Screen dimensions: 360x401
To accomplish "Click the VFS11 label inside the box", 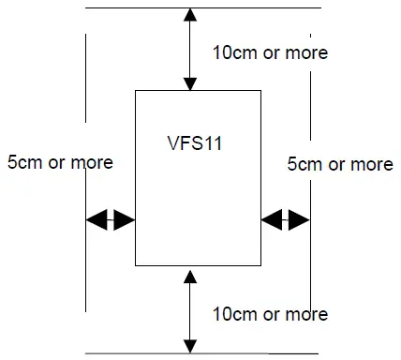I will (x=193, y=145).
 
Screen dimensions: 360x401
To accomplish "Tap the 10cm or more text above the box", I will (x=271, y=52).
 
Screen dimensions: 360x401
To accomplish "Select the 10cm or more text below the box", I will (x=271, y=313).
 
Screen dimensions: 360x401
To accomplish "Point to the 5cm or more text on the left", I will (x=59, y=162).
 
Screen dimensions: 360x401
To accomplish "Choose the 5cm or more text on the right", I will (x=339, y=164).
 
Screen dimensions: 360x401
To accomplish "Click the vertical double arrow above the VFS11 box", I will (x=190, y=49).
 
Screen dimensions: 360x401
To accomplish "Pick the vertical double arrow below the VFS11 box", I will (x=190, y=309).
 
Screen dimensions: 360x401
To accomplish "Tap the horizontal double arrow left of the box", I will (x=111, y=220).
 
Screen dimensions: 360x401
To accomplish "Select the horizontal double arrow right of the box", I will (x=285, y=220).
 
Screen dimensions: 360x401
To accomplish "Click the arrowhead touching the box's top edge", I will (x=190, y=84).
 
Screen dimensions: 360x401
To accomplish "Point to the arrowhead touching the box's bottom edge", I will (x=190, y=274).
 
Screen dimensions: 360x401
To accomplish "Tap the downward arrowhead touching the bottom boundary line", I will (x=190, y=347).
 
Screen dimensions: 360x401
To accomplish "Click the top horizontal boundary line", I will (x=141, y=7).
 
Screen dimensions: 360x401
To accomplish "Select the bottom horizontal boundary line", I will (x=141, y=353).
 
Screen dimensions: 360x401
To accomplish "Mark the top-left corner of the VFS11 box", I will (x=136, y=91).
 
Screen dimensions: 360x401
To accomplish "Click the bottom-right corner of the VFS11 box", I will (x=260, y=267).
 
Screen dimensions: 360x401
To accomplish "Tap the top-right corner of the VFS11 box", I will (x=260, y=91).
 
